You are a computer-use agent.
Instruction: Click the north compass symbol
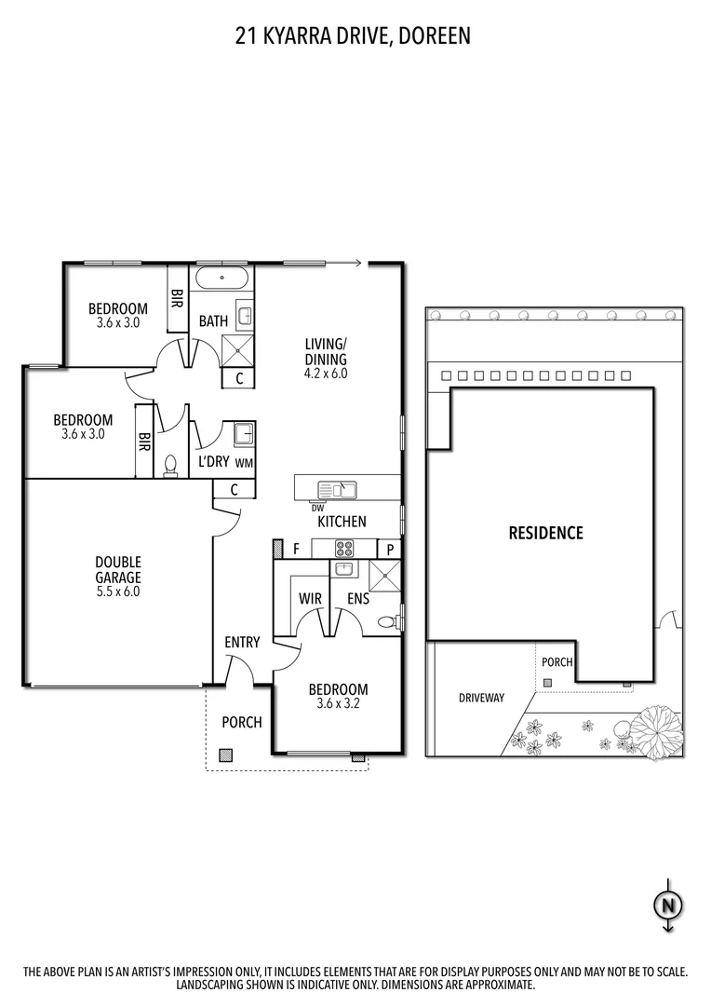point(667,904)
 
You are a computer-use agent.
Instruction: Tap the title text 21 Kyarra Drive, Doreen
point(354,36)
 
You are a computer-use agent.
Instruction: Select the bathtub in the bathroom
point(221,278)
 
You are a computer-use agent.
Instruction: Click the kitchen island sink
point(336,489)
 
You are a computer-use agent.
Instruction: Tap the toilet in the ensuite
point(387,622)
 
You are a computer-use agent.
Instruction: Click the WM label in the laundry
point(244,463)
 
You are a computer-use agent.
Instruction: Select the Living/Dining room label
point(326,351)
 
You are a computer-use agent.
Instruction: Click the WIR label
point(310,598)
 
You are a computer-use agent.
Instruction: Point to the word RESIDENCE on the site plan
point(545,533)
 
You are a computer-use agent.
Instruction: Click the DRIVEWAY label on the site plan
point(481,697)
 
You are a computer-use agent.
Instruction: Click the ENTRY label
point(242,642)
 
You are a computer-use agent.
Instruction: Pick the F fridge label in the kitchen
point(296,549)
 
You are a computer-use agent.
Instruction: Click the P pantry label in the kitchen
point(390,549)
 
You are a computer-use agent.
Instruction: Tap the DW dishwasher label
point(318,508)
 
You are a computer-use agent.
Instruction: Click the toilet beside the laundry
point(169,465)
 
